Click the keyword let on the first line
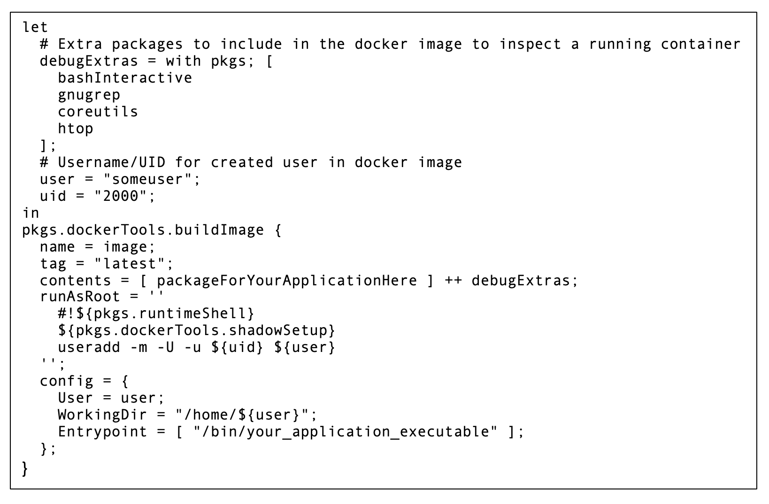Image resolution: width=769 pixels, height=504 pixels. (x=35, y=27)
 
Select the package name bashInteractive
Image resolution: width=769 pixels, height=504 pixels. (x=125, y=78)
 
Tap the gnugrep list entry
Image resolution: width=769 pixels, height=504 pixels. (x=89, y=95)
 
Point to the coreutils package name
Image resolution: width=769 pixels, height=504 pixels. (x=98, y=112)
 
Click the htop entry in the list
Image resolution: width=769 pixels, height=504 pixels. (x=76, y=129)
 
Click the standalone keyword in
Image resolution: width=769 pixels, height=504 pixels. (x=31, y=213)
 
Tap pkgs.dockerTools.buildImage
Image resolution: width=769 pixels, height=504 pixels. (x=143, y=230)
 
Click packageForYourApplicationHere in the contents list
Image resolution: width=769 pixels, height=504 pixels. (x=286, y=281)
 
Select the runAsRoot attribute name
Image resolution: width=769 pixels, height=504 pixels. (x=80, y=297)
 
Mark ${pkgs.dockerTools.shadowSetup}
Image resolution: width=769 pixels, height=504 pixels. (x=197, y=331)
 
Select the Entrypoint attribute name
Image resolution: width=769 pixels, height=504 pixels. (x=102, y=432)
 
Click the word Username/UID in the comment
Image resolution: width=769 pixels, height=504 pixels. (x=112, y=162)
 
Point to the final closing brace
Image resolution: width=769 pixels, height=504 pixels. (x=25, y=469)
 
